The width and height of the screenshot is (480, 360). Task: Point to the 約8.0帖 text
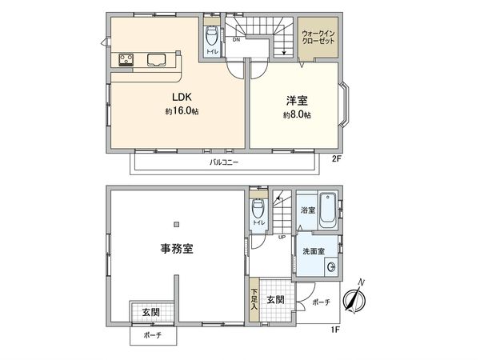(297, 115)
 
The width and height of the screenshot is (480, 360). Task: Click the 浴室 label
(307, 211)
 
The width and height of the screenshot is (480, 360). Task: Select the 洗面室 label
(314, 252)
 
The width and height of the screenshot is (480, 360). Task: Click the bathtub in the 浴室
(327, 203)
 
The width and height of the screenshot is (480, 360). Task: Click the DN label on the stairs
(236, 39)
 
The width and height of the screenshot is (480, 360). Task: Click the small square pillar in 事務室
(178, 224)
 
